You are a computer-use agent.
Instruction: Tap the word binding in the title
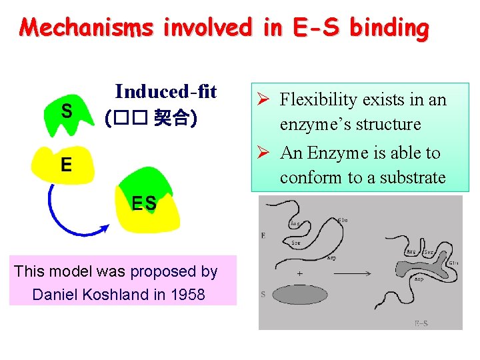pos(389,28)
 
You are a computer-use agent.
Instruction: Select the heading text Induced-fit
pos(166,91)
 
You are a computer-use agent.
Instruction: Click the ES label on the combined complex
pos(144,204)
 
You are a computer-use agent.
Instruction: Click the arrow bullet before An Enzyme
pos(264,153)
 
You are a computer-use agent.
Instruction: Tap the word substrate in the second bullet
pos(409,177)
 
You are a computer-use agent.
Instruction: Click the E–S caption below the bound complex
pos(421,323)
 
